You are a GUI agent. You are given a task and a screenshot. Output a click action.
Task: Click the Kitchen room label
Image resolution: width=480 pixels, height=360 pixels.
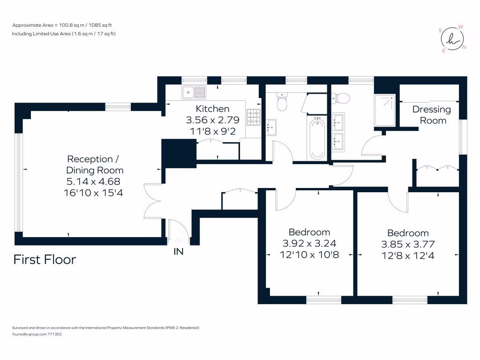tap(212, 109)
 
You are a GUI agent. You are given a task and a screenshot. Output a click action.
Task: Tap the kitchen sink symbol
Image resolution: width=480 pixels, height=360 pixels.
tap(194, 91)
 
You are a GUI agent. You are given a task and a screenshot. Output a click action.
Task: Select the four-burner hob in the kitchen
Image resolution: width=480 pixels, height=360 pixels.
tap(254, 117)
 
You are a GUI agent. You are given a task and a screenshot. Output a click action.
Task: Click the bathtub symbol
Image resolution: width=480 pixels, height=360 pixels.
tap(317, 138)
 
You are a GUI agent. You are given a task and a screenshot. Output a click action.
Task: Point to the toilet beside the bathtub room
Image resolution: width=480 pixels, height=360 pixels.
tap(282, 103)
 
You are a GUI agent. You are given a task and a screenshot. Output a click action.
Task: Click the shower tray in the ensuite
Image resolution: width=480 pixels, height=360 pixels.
tap(385, 110)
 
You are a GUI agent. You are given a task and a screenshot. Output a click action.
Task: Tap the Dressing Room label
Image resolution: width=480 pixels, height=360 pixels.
tap(432, 115)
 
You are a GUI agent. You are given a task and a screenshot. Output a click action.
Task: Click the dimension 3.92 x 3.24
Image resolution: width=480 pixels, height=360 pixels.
tap(309, 243)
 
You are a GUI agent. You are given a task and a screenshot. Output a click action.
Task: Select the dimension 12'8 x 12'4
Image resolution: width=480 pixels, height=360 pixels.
tap(408, 255)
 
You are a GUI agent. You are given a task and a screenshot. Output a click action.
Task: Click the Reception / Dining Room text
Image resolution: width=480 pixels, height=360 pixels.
tap(95, 165)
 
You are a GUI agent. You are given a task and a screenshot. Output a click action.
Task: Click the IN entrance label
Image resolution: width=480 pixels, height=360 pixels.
tap(179, 252)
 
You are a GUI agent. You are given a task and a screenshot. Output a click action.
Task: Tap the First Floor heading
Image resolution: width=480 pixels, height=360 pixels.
tap(45, 259)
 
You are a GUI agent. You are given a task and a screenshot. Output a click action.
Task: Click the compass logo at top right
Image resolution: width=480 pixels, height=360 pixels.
tap(452, 39)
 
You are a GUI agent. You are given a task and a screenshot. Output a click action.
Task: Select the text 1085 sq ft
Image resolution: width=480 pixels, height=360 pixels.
tap(106, 25)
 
